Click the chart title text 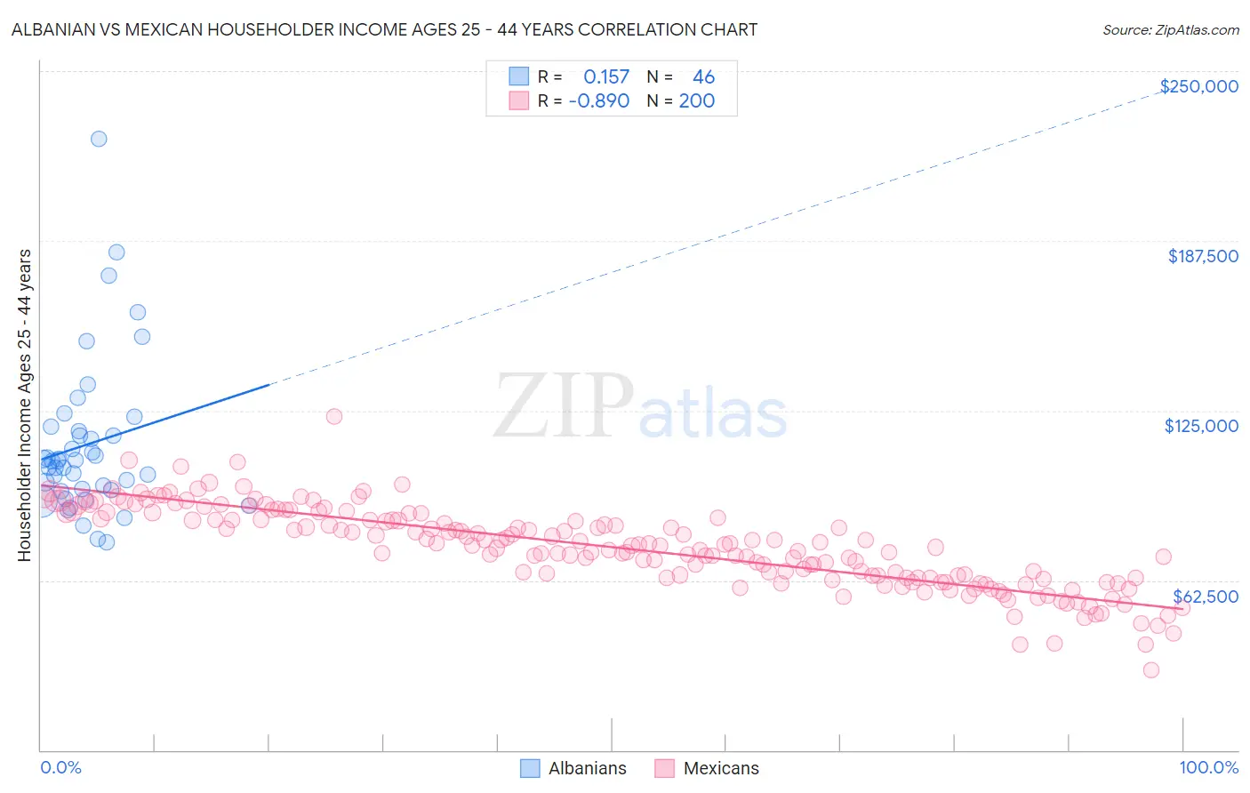coord(384,29)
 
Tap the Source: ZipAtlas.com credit coord(1170,29)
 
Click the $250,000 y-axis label coord(1198,86)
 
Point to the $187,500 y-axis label coord(1202,256)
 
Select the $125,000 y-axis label coord(1201,426)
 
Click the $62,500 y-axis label coord(1205,597)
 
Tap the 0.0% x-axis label coord(60,767)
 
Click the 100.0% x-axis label coord(1208,767)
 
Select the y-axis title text coord(24,405)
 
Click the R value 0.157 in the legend coord(605,77)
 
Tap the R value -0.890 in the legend coord(598,101)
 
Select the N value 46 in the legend coord(703,77)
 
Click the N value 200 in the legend coord(696,101)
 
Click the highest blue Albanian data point coord(99,139)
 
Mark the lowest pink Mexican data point coord(1151,670)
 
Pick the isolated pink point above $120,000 coord(334,416)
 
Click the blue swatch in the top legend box coord(518,76)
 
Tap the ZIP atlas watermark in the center coord(640,407)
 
